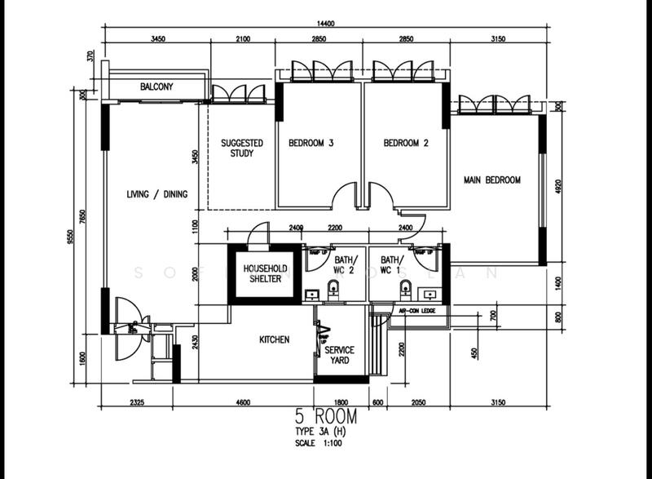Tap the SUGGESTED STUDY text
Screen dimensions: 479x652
pos(242,148)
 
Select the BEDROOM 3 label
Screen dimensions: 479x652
pos(311,143)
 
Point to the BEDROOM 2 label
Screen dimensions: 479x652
pos(406,143)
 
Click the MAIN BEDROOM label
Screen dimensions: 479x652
pos(491,180)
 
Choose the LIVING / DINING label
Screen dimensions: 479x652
pos(157,194)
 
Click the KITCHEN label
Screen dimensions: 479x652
pos(274,339)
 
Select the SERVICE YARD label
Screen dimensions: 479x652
pos(338,355)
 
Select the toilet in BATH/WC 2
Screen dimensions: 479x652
pos(333,288)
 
